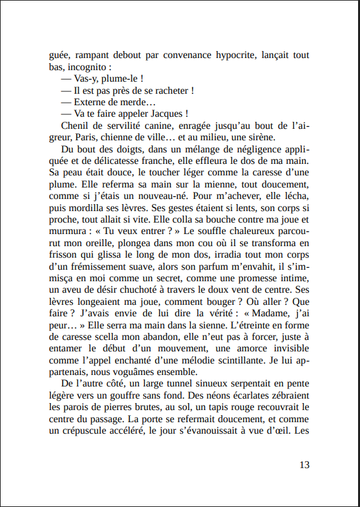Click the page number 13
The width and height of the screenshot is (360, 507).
tap(304, 464)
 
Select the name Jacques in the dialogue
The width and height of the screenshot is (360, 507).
tap(169, 114)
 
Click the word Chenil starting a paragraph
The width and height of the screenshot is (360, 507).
tap(75, 126)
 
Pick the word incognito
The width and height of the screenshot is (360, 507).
tap(89, 67)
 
